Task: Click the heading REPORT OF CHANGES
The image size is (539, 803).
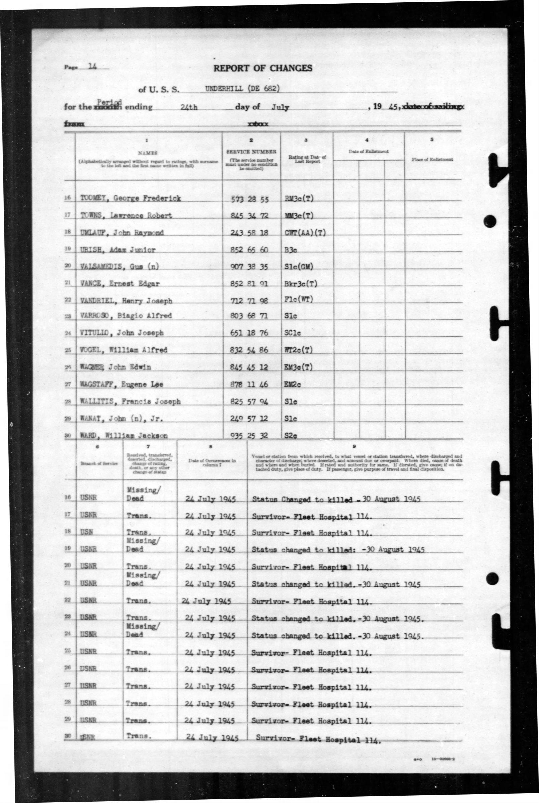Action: click(262, 68)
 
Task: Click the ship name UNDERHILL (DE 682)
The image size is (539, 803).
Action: click(242, 88)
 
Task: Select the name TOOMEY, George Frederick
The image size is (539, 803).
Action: click(130, 198)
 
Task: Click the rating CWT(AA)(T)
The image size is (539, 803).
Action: click(305, 233)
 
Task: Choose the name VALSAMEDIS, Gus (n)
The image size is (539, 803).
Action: click(119, 267)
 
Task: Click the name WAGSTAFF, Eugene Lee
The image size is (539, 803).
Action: click(121, 384)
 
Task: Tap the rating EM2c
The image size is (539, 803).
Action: click(293, 385)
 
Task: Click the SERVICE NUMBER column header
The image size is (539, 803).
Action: click(251, 151)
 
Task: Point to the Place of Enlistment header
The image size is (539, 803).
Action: click(432, 159)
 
